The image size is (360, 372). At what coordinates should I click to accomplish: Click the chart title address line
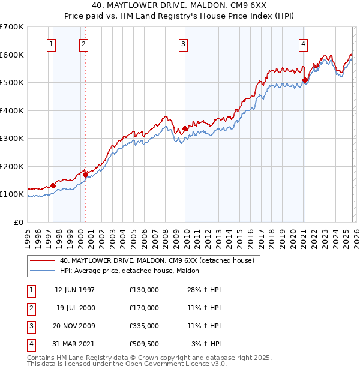(x=180, y=5)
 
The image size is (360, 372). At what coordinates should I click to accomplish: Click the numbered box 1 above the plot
(x=51, y=43)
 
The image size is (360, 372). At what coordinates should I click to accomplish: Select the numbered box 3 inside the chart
(x=183, y=43)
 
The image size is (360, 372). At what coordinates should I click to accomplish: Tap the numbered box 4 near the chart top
(x=304, y=43)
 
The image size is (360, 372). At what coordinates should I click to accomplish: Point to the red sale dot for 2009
(x=185, y=128)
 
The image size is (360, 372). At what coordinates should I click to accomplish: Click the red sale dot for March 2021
(x=305, y=80)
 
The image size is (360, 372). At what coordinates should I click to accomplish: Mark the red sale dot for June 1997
(x=53, y=185)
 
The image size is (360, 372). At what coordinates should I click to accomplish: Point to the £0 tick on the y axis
(x=19, y=222)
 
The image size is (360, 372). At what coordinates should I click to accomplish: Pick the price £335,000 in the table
(x=144, y=326)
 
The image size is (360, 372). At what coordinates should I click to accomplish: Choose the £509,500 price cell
(x=144, y=344)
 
